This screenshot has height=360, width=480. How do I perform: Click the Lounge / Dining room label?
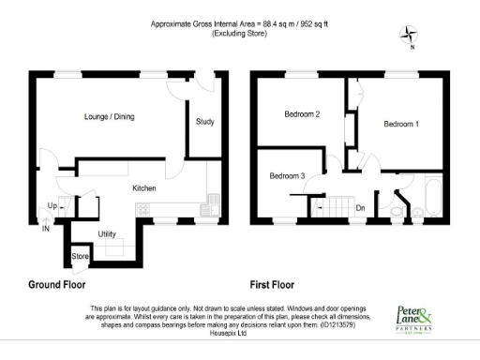point(108,117)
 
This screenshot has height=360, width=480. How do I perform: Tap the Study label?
point(204,122)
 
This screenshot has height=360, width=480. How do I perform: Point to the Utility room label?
point(107,233)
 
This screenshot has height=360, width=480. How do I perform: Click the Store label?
point(80,256)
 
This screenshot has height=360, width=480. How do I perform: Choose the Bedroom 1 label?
point(401,124)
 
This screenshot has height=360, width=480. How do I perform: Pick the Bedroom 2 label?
point(303,115)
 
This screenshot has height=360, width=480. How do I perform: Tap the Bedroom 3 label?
point(288,176)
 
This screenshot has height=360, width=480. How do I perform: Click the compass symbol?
point(409,37)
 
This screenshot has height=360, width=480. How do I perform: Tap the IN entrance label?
point(44,226)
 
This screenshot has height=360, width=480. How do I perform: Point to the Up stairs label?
point(52,205)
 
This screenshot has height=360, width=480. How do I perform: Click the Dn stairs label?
point(359,208)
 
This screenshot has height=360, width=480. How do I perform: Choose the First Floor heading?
point(272,284)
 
